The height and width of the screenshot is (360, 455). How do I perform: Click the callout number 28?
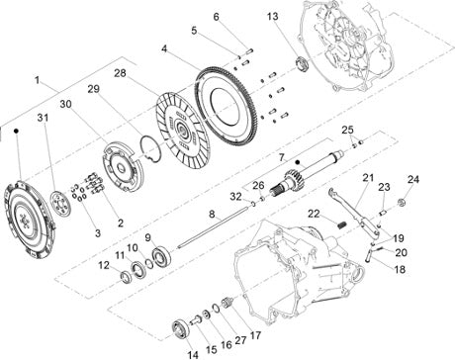[121, 73]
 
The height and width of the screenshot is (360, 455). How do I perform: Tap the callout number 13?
[273, 16]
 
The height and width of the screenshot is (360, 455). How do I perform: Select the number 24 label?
[413, 179]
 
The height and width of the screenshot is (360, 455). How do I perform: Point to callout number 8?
[212, 215]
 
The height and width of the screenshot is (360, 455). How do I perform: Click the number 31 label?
[43, 118]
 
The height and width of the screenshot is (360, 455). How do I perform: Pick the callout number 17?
[255, 335]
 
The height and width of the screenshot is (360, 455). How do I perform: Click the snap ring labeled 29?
[150, 149]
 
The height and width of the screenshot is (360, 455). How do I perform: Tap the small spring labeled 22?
[342, 225]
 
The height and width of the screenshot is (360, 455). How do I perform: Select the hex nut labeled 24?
[401, 202]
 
